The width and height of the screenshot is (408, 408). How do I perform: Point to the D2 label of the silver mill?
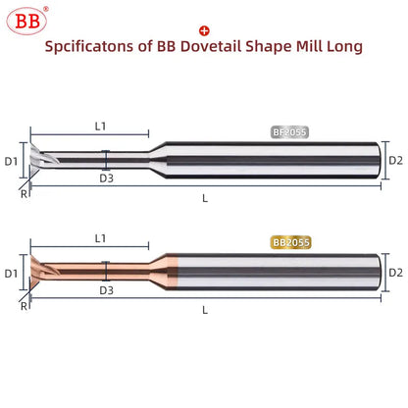point(395,158)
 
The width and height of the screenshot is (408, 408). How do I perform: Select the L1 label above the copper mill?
point(100,237)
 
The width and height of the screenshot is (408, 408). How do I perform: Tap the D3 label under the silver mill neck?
point(106,178)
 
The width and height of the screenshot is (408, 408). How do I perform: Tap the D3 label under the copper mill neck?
point(106,291)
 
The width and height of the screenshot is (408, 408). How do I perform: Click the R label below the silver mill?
point(24,193)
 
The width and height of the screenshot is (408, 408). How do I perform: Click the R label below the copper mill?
point(24,307)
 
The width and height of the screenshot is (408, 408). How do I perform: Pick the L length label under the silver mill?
point(204,197)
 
